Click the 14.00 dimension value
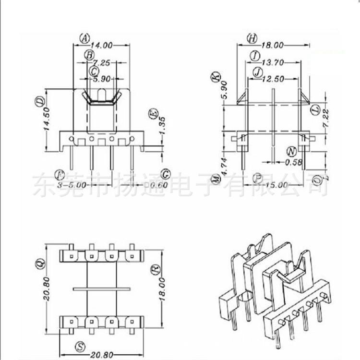pyautogui.click(x=101, y=46)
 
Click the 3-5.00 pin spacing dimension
pyautogui.click(x=72, y=184)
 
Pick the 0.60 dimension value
pyautogui.click(x=158, y=184)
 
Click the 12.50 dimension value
pyautogui.click(x=272, y=79)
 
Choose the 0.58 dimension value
pyautogui.click(x=293, y=162)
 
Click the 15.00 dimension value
pyautogui.click(x=277, y=184)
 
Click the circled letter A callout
pyautogui.click(x=84, y=37)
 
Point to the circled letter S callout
pyautogui.click(x=81, y=346)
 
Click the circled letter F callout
pyautogui.click(x=60, y=174)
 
